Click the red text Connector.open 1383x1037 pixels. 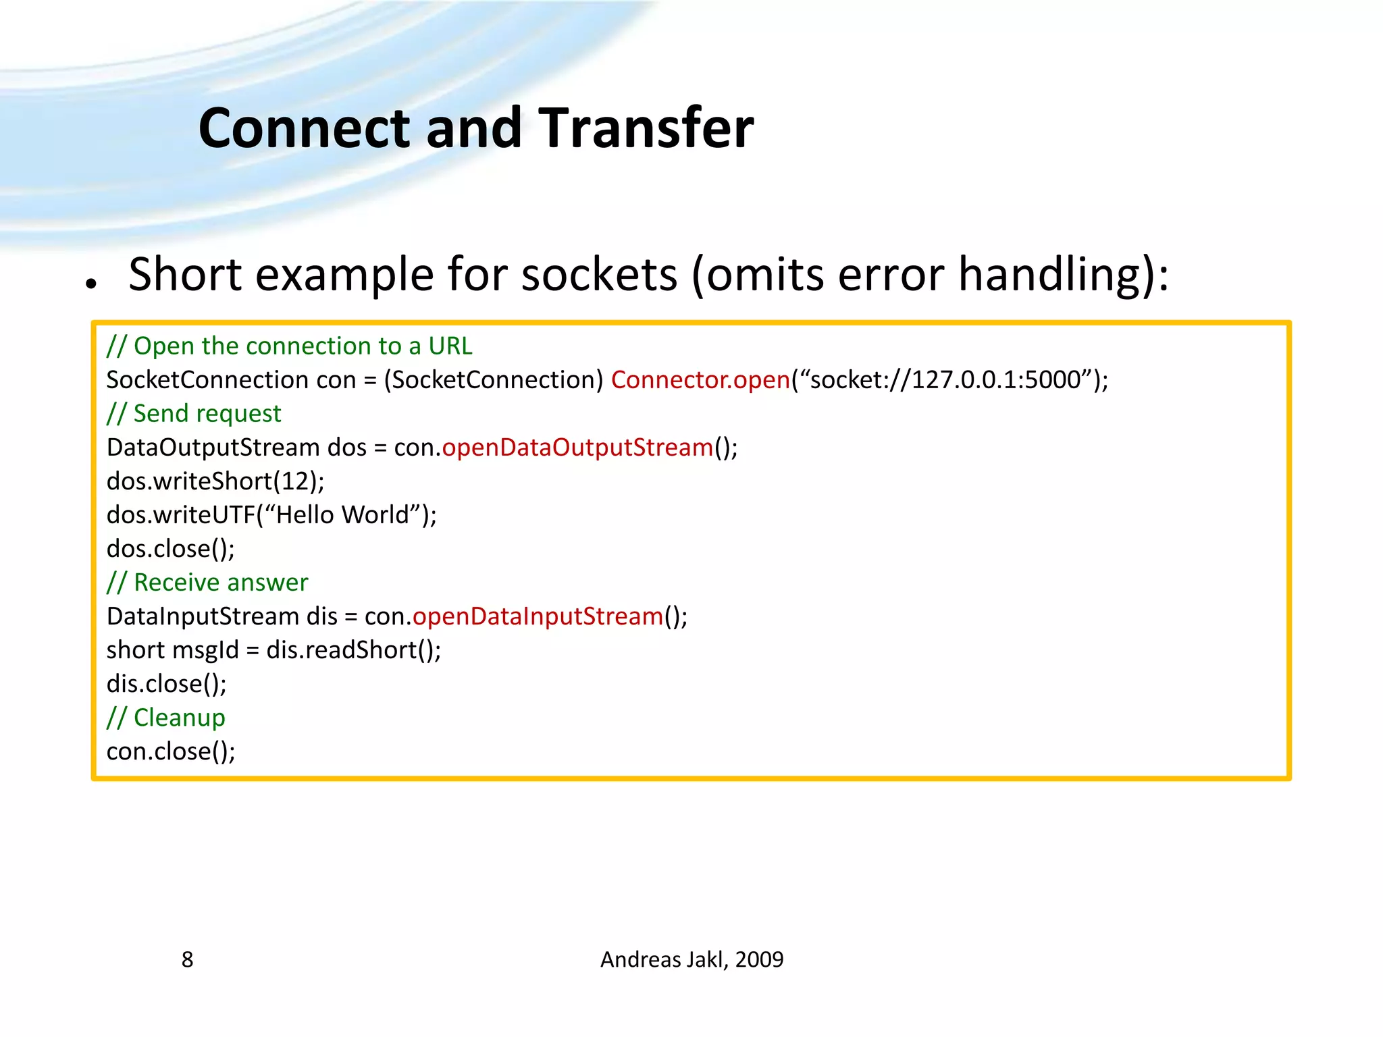[700, 380]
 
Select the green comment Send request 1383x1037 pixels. [194, 414]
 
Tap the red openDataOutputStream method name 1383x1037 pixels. [577, 448]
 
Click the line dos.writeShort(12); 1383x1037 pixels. [215, 481]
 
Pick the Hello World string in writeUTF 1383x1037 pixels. [343, 515]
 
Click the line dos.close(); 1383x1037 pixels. [171, 549]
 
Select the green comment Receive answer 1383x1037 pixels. [207, 583]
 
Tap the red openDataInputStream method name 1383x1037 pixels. [538, 616]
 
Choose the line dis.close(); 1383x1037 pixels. [167, 684]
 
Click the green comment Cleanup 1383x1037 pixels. [166, 718]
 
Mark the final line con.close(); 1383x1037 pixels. [171, 751]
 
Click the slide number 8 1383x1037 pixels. [187, 959]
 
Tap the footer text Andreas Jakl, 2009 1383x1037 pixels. [691, 959]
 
